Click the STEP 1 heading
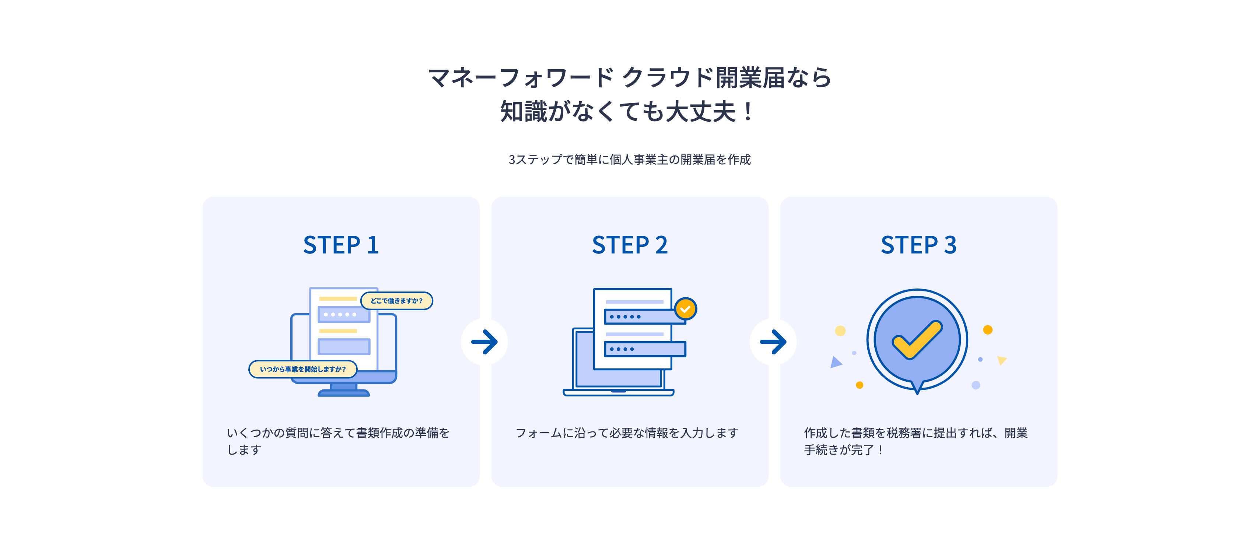tap(341, 245)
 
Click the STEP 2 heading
tap(630, 245)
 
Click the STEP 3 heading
tap(918, 245)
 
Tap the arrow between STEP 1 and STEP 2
tap(484, 342)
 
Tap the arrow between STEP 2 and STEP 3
tap(773, 342)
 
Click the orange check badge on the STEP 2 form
tap(685, 309)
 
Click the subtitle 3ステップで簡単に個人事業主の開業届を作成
tap(630, 160)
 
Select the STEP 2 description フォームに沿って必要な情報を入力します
tap(627, 433)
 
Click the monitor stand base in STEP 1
tap(344, 392)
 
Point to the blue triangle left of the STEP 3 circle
tap(836, 363)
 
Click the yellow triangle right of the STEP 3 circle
tap(1002, 360)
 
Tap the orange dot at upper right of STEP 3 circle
tap(988, 330)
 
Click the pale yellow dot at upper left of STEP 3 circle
tap(840, 331)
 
